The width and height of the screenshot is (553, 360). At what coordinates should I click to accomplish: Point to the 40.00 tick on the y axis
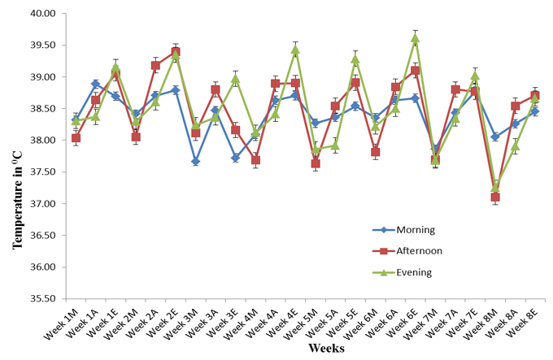(x=44, y=14)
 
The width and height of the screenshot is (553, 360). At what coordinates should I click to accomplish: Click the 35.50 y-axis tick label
(x=44, y=298)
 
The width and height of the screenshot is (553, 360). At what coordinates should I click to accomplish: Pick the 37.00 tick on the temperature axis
(x=44, y=204)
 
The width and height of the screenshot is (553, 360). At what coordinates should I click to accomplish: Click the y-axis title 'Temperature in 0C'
(x=17, y=154)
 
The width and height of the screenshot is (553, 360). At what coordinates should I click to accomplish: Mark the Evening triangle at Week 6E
(x=415, y=37)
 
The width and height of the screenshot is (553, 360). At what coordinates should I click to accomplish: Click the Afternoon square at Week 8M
(x=494, y=197)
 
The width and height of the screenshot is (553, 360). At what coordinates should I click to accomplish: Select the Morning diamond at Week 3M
(x=195, y=162)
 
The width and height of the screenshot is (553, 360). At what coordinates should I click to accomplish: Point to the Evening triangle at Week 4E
(x=295, y=50)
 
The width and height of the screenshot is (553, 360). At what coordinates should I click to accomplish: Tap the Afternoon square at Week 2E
(x=176, y=51)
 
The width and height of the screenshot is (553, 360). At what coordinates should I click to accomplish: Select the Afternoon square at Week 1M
(x=76, y=138)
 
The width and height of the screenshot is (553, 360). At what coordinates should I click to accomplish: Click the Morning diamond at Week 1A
(x=95, y=84)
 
